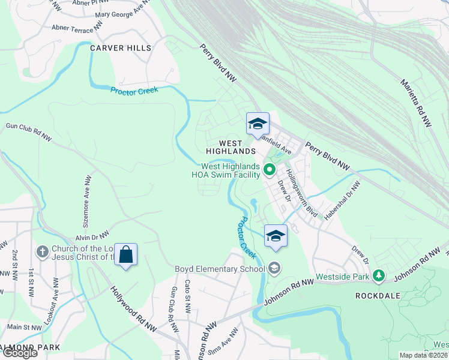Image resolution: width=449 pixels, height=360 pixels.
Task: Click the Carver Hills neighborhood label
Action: coord(121,47)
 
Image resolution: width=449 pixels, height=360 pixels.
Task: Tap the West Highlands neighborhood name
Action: coord(222,147)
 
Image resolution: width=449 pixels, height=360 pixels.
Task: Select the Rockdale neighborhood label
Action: coord(378,296)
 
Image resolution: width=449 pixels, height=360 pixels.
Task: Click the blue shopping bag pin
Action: coord(126,255)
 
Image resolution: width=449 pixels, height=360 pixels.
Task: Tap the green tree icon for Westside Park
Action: coord(378,276)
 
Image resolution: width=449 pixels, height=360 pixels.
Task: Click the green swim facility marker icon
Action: coord(270,171)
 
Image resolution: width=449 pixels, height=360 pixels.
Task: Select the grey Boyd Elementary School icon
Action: coord(274,268)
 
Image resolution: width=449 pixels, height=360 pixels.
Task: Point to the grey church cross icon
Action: coord(42,251)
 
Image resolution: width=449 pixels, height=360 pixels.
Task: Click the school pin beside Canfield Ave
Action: coord(258,124)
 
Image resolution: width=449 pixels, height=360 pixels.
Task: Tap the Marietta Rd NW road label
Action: coord(416,102)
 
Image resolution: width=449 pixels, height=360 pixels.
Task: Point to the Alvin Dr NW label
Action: coord(92,236)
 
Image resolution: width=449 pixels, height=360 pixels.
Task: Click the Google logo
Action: coord(19,353)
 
